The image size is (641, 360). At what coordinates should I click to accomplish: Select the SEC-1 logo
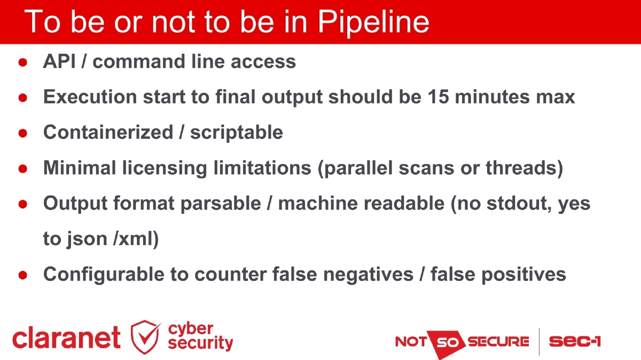tap(574, 341)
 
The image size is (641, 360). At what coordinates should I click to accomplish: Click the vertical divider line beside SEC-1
tap(539, 341)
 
